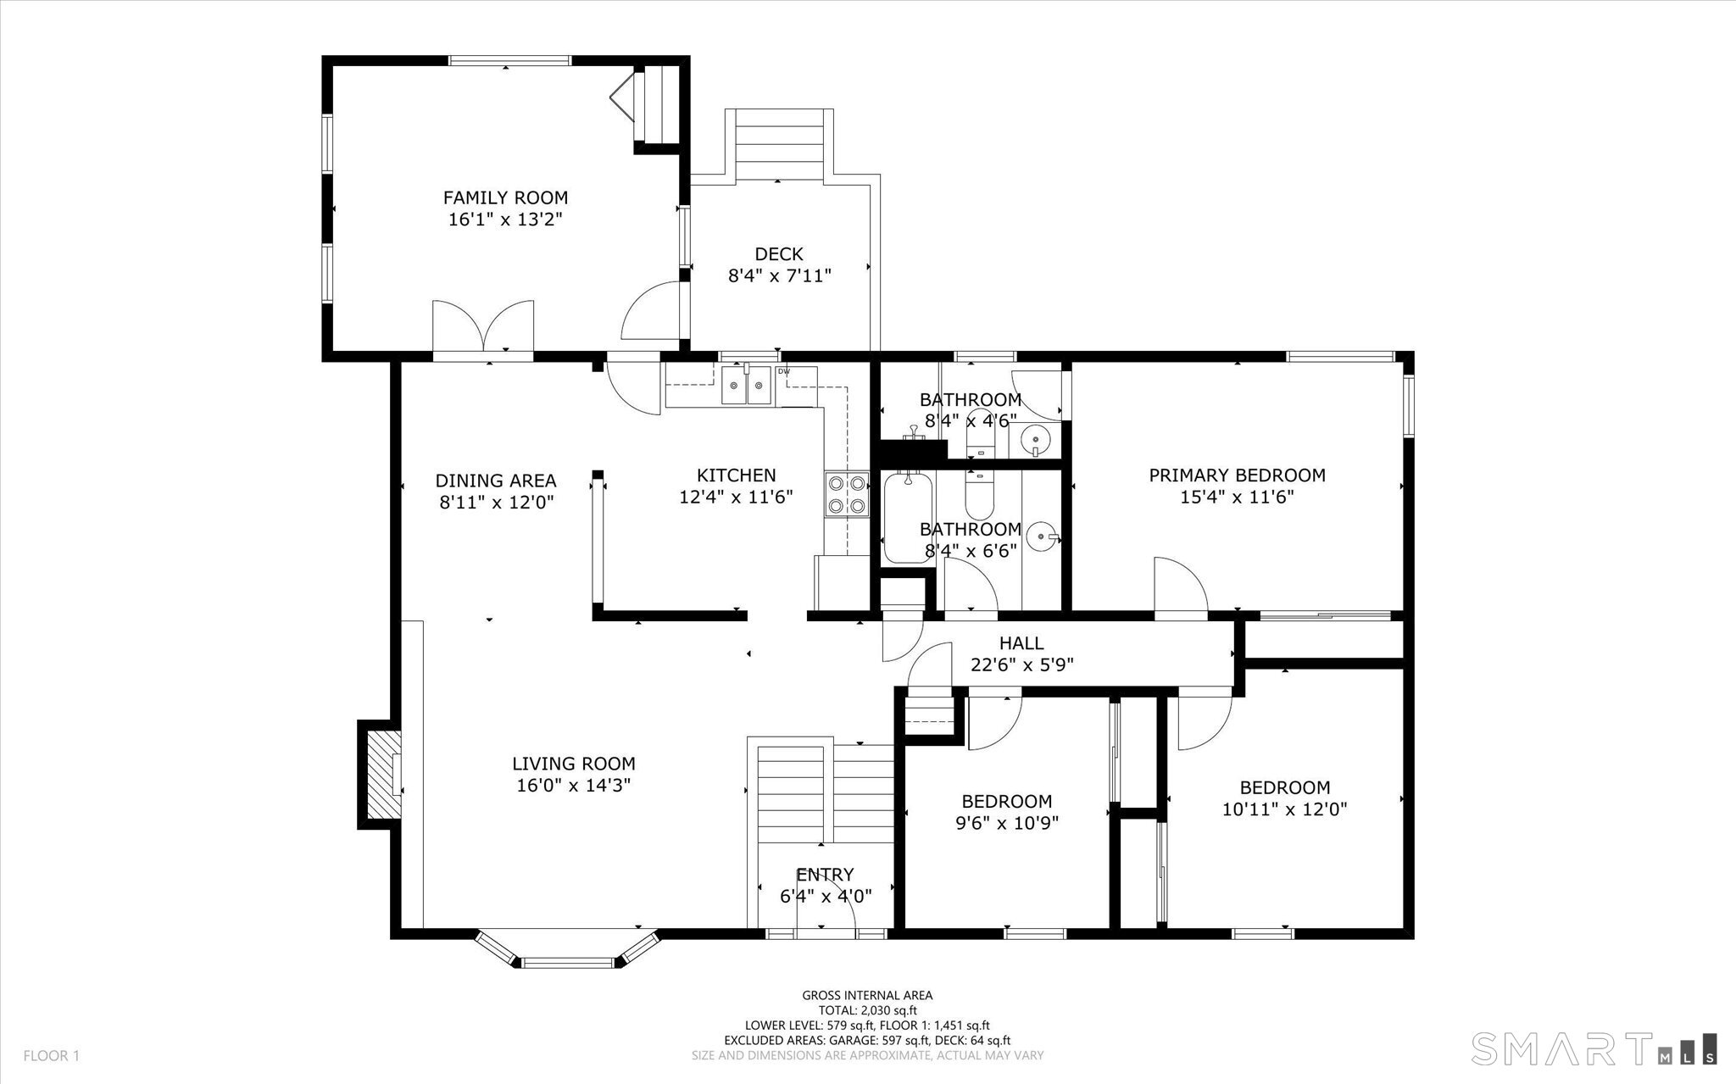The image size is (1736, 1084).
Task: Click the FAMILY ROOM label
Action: point(505,197)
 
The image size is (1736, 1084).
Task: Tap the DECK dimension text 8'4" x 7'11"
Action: point(780,275)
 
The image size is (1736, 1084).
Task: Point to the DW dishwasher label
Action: point(784,371)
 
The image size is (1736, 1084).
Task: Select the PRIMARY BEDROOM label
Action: point(1237,475)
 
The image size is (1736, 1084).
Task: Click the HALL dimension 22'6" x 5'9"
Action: point(1021,665)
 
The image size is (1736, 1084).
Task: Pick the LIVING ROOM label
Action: point(574,764)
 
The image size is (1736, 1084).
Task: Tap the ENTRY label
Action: point(825,875)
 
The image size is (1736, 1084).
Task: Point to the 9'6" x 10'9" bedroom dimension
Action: point(1007,823)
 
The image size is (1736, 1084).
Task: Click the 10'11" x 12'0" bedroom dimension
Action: point(1285,809)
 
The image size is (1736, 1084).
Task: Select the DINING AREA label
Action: point(496,481)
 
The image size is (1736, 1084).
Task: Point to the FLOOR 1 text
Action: point(51,1056)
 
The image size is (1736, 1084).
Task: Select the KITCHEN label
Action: point(737,475)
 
